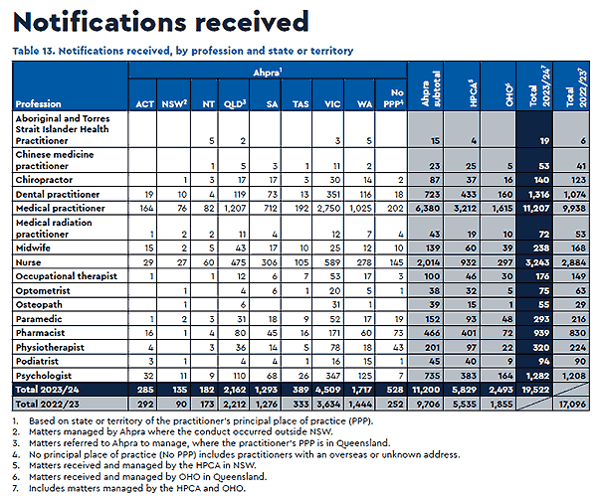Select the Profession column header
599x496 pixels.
coord(39,102)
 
